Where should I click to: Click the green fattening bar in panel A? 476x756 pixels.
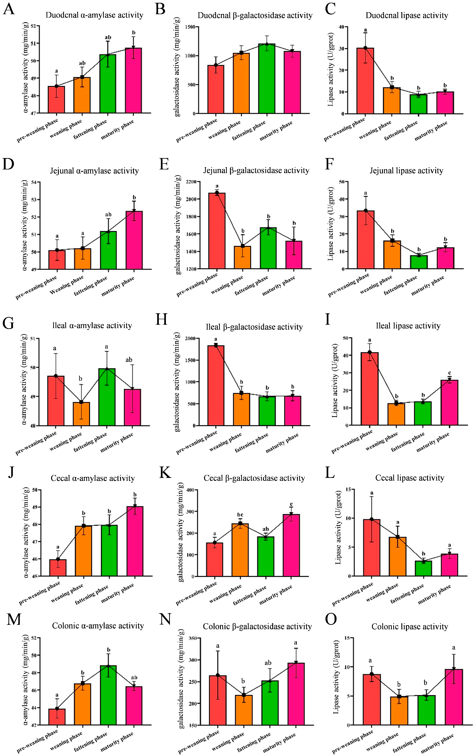108,84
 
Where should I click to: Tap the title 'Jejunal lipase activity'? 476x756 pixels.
406,171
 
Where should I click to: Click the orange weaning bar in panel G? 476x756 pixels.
81,414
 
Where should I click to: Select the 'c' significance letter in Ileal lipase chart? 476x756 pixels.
450,373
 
